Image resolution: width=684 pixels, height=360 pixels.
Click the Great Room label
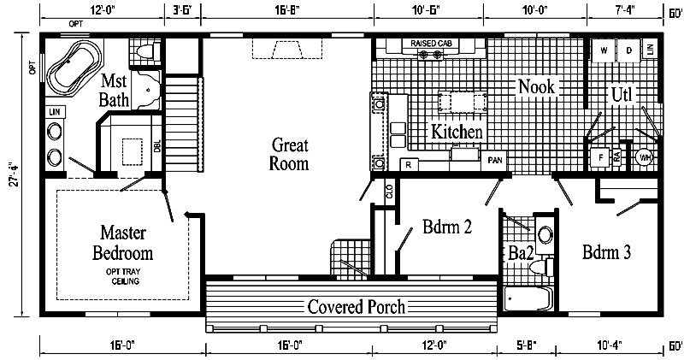(290, 154)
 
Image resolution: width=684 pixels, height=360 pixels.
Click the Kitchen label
(457, 133)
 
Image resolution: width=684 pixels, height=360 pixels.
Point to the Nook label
(535, 86)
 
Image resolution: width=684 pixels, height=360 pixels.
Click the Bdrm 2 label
(445, 228)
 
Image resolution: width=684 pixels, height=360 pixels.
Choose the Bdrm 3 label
(607, 252)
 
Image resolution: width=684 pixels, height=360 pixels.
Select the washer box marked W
(604, 50)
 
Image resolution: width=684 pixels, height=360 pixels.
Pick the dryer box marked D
(628, 50)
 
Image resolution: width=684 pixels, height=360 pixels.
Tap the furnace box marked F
(600, 158)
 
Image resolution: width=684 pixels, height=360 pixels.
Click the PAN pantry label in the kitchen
(494, 160)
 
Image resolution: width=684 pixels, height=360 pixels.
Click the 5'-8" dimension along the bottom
(528, 346)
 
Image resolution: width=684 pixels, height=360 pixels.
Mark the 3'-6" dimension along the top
(182, 10)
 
